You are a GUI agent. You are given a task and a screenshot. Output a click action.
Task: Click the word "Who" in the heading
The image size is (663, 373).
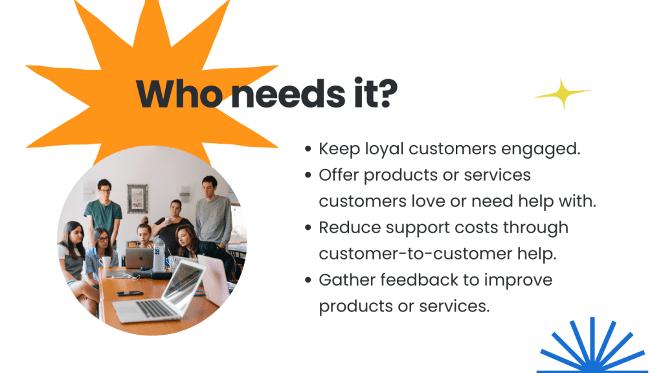(179, 93)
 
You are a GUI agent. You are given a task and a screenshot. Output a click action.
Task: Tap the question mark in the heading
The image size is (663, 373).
(387, 93)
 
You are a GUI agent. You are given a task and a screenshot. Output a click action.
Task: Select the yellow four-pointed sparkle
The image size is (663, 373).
(563, 93)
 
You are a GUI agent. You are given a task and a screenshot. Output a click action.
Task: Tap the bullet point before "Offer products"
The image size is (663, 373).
(308, 175)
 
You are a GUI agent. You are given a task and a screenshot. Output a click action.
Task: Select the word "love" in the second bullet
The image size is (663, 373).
(428, 201)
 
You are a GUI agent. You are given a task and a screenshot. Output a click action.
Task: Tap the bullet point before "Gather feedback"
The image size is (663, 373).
(308, 280)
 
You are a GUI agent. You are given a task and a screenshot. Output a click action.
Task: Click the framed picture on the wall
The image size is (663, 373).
(137, 198)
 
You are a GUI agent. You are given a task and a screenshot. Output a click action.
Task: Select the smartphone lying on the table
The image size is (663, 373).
(129, 293)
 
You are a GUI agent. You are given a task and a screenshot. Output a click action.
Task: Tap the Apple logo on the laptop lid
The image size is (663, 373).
(139, 258)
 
